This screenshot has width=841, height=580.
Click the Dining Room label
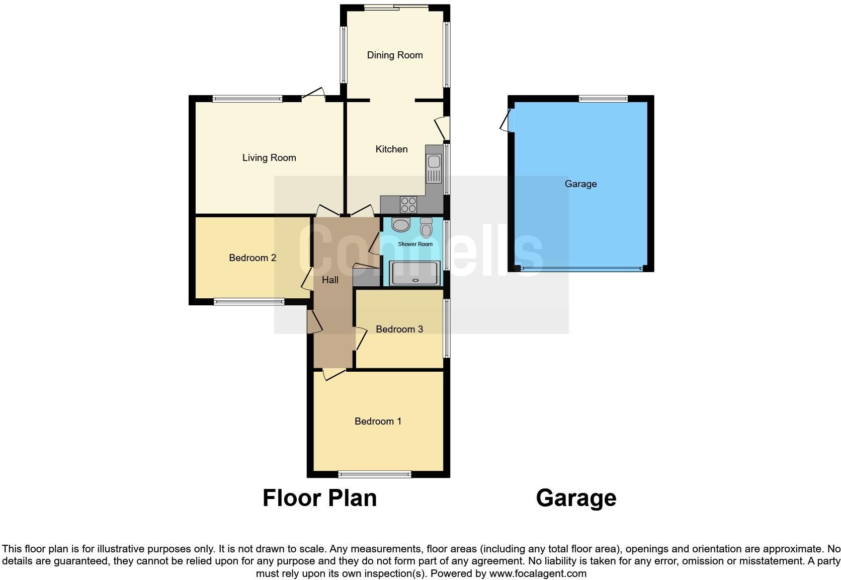pyautogui.click(x=394, y=55)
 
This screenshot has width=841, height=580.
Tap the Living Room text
pyautogui.click(x=269, y=158)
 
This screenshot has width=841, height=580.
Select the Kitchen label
pyautogui.click(x=391, y=149)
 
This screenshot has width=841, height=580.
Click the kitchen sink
pyautogui.click(x=433, y=169)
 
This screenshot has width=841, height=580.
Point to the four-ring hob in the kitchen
pyautogui.click(x=408, y=205)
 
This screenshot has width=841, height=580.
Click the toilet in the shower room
pyautogui.click(x=427, y=228)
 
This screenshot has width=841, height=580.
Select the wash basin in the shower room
pyautogui.click(x=401, y=225)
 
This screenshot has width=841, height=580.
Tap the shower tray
pyautogui.click(x=415, y=274)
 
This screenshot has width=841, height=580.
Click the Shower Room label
pyautogui.click(x=415, y=244)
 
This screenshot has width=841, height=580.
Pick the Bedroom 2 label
pyautogui.click(x=253, y=258)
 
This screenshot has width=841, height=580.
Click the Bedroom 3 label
pyautogui.click(x=399, y=329)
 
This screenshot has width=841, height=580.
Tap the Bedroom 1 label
pyautogui.click(x=378, y=422)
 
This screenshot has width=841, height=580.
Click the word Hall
pyautogui.click(x=330, y=280)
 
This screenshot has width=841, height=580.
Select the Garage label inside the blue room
pyautogui.click(x=580, y=184)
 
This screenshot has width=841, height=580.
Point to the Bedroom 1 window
pyautogui.click(x=374, y=474)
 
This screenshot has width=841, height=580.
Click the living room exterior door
pyautogui.click(x=313, y=95)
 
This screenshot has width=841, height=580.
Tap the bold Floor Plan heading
pyautogui.click(x=319, y=498)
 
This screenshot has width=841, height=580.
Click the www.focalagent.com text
pyautogui.click(x=538, y=573)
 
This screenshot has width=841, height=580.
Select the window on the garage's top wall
pyautogui.click(x=603, y=99)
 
